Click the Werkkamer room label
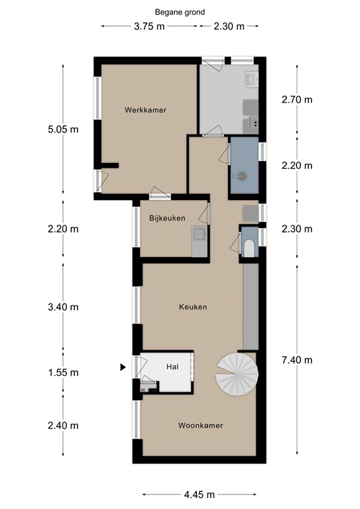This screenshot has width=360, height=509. pos(145,110)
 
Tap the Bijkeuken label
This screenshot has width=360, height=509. pos(167,218)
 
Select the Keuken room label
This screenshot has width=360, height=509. pos(193,307)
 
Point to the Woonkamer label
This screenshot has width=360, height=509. pos(201,425)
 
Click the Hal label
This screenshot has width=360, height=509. pos(172,367)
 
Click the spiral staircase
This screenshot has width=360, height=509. pos(237,374)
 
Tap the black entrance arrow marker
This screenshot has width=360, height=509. pos(123,367)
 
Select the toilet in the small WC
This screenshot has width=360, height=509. pos(249,249)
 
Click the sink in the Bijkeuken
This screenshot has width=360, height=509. pos(199,234)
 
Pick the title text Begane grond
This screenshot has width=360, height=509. pos(180,13)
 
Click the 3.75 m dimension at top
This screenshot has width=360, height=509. pos(149,26)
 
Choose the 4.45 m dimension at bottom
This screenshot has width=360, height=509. pos(200,494)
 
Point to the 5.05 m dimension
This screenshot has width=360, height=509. pos(63,129)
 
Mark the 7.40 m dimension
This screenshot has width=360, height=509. pos(297,360)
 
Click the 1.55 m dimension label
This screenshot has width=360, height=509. pos(63,372)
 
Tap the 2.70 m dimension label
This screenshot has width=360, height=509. pos(297,99)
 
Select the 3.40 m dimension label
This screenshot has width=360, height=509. pos(63,307)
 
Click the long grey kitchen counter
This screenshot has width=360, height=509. pos(251,307)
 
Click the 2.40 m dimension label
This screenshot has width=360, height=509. pos(63,425)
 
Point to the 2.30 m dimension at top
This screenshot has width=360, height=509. pos(229,26)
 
